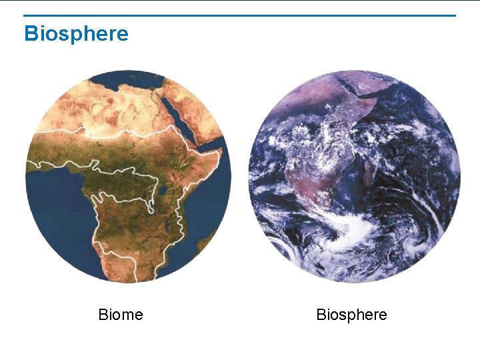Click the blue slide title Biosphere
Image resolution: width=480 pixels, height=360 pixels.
pyautogui.click(x=76, y=33)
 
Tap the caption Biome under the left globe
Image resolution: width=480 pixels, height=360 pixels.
pyautogui.click(x=121, y=315)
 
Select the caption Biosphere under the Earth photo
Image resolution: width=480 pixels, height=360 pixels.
pyautogui.click(x=351, y=315)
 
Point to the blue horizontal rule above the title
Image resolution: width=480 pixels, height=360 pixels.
pyautogui.click(x=240, y=15)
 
